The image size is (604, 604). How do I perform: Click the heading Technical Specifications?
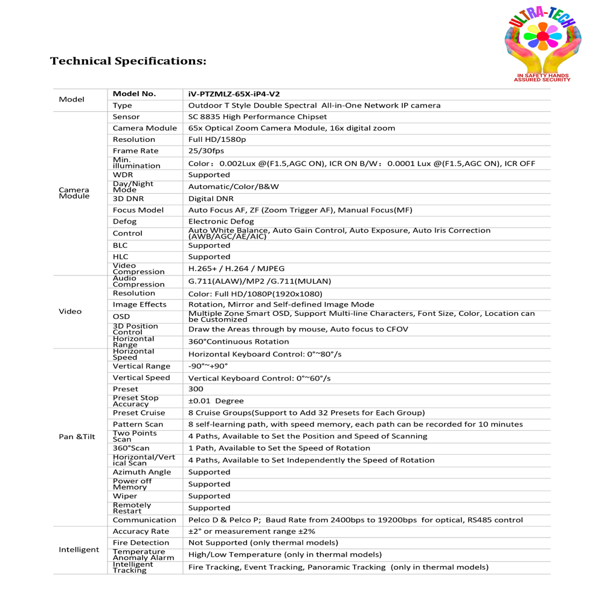(128, 61)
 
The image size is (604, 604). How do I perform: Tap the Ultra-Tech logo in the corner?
(542, 45)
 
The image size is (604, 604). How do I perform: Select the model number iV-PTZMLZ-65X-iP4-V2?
(234, 94)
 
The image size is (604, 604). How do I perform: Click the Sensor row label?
(126, 117)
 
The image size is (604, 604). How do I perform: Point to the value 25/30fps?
(205, 151)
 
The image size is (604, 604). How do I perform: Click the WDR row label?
(123, 175)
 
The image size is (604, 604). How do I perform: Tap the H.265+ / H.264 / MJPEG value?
(236, 269)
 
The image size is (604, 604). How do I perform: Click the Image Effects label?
(140, 304)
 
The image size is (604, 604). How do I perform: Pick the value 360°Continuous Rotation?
(239, 341)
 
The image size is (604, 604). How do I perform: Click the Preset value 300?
(196, 389)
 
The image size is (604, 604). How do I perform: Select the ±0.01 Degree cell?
(216, 401)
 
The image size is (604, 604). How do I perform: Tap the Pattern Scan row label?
(138, 425)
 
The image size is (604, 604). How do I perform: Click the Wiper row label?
(125, 496)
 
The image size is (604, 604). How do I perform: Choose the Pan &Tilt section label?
(77, 436)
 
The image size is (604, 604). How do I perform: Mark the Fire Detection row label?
(140, 543)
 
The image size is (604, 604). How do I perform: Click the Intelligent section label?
(79, 550)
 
